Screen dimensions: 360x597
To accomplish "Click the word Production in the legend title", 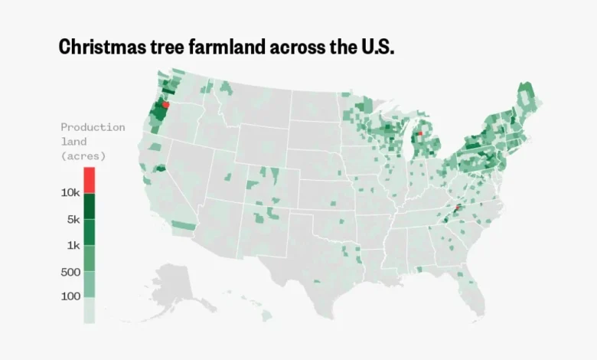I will (93, 127).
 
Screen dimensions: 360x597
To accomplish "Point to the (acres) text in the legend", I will (83, 155).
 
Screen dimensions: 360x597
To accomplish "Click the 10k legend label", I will (70, 193).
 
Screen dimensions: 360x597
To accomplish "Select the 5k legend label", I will (73, 219).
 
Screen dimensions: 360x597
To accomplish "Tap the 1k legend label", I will (73, 245).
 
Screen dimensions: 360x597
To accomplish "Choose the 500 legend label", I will (70, 272).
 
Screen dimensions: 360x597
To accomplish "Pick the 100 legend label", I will (70, 296).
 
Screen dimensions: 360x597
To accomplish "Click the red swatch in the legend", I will (90, 180).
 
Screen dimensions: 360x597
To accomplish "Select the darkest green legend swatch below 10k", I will (90, 206).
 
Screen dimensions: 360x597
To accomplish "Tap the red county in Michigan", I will (420, 133).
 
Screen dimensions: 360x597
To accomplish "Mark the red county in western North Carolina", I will (457, 208).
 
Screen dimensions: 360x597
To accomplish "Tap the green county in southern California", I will (183, 226).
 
